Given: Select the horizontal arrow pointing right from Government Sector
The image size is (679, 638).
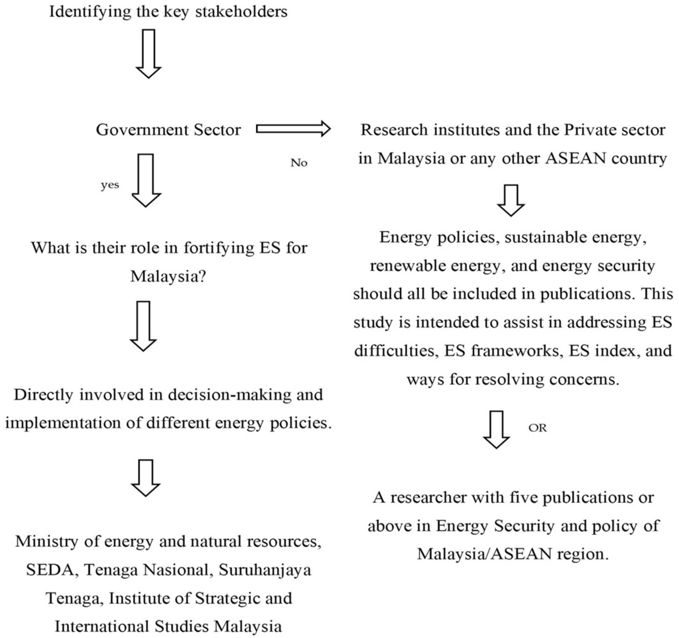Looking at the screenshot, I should (293, 129).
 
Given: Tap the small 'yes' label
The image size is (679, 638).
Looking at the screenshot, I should (110, 185).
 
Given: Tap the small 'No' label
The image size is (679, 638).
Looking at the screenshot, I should (299, 163).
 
